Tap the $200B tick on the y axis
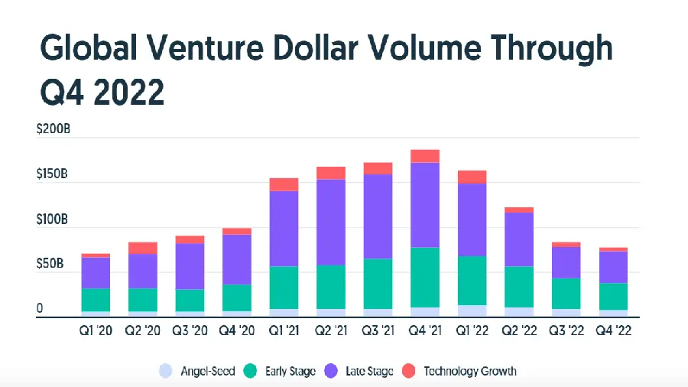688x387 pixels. coord(54,130)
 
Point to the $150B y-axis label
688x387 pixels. coord(54,175)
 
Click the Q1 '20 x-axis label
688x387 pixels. coord(96,331)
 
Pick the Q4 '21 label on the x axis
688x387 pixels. coord(424,331)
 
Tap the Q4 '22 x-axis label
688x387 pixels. coord(612,331)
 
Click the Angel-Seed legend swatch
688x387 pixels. coord(164,371)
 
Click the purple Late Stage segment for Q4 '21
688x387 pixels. coord(424,205)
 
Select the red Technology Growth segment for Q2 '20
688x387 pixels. coord(143,248)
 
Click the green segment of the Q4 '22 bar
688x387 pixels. coord(612,297)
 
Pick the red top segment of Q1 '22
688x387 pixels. coord(472,177)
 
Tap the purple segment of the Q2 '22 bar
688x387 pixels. coord(518,239)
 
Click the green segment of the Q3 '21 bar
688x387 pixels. coord(378,284)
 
